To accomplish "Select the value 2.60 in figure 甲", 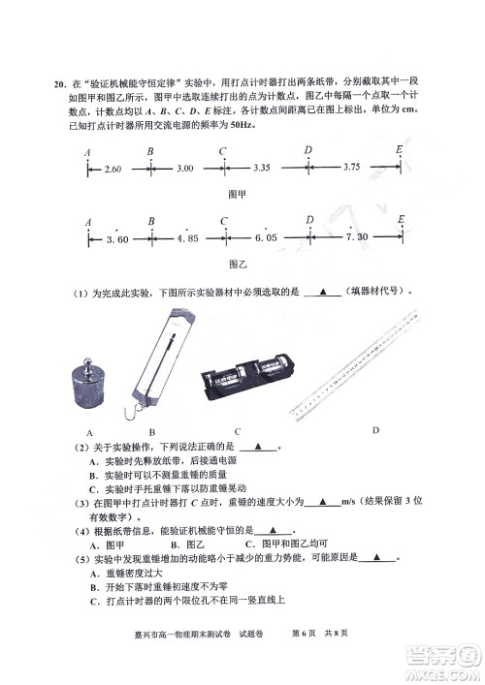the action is (x=112, y=170).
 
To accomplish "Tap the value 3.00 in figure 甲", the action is (x=184, y=170).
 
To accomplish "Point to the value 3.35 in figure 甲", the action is (x=260, y=169).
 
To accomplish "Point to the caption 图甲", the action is (x=238, y=193).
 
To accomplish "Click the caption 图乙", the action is (x=238, y=263).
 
